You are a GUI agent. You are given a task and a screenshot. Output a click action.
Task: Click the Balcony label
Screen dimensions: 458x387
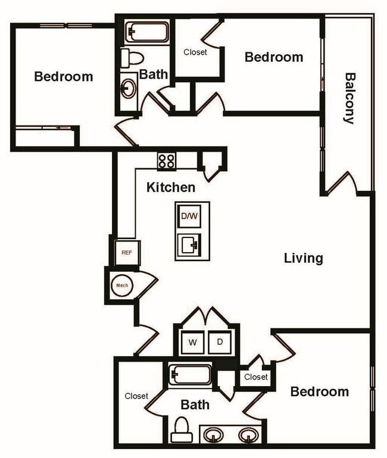(349, 98)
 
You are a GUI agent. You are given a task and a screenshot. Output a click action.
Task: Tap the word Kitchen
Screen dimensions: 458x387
(171, 187)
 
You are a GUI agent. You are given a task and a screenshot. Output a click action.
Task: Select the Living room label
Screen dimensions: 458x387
(303, 258)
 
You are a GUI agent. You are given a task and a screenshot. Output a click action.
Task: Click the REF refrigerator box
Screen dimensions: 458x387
(127, 252)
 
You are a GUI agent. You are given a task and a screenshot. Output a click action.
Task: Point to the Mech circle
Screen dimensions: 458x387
(122, 286)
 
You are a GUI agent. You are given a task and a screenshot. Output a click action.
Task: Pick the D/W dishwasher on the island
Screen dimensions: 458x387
(189, 216)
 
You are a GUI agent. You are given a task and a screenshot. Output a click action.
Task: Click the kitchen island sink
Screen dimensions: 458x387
(189, 244)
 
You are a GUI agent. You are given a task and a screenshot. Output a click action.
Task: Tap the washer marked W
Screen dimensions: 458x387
(193, 342)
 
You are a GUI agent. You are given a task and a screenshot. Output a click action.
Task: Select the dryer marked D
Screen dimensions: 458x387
(220, 342)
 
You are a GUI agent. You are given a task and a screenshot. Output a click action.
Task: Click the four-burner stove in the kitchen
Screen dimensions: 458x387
(167, 161)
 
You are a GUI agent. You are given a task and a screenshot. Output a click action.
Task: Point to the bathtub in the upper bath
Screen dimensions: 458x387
(146, 32)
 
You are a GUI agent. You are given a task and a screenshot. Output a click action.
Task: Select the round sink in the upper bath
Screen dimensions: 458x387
(128, 89)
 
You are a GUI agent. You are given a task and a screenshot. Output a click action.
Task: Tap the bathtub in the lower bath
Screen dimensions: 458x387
(190, 375)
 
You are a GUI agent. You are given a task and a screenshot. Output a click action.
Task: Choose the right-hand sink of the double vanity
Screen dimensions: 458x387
(248, 435)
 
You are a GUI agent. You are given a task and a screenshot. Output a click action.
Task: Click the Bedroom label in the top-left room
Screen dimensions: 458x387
(63, 76)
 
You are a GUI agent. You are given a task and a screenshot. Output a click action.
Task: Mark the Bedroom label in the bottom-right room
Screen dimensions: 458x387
(319, 391)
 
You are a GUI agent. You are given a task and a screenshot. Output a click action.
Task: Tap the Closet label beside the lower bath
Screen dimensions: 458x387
(136, 396)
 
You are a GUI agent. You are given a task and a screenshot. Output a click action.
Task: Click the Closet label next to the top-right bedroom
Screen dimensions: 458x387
(195, 52)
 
